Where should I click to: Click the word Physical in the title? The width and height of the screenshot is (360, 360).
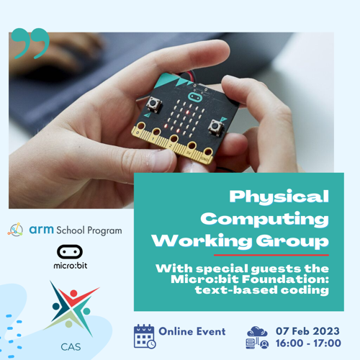(279, 197)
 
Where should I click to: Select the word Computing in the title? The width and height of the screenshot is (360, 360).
(264, 219)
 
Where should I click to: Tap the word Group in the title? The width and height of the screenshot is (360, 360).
(292, 240)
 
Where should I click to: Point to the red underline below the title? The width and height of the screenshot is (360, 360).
(271, 255)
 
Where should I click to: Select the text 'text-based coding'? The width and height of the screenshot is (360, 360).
(262, 290)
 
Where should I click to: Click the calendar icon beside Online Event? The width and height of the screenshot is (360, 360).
(145, 336)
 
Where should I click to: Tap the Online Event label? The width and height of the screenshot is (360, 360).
(192, 331)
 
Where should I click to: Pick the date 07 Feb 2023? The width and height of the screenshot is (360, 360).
(307, 331)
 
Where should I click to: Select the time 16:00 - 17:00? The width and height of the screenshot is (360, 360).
(308, 343)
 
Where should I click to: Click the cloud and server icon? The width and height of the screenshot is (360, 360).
(257, 337)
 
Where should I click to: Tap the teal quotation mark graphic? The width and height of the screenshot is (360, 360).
(30, 43)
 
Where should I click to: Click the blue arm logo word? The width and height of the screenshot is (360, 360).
(41, 230)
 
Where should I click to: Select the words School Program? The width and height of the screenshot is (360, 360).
(89, 230)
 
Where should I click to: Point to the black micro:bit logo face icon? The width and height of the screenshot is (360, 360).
(70, 252)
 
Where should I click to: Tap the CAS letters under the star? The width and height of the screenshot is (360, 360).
(71, 347)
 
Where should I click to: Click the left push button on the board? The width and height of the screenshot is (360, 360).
(153, 104)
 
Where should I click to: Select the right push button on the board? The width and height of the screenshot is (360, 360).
(215, 126)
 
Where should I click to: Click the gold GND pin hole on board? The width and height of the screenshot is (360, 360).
(208, 152)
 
